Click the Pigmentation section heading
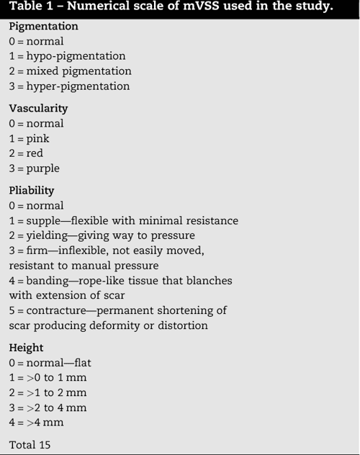tap(44, 26)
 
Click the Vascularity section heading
tap(38, 108)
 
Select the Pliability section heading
tap(32, 191)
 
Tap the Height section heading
tap(26, 348)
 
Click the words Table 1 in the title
tap(33, 9)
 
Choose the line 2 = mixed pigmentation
tap(70, 71)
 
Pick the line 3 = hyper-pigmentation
tap(69, 86)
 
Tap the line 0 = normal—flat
tap(50, 363)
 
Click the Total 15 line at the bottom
tap(30, 443)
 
